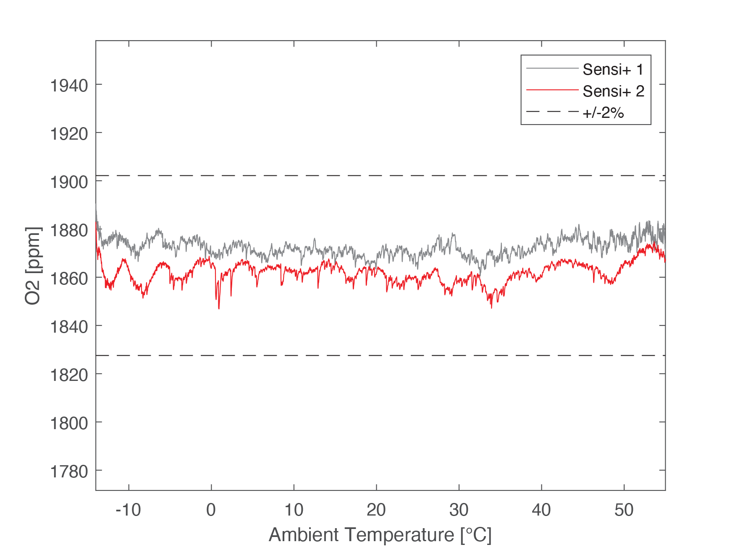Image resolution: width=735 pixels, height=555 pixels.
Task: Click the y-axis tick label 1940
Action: [69, 86]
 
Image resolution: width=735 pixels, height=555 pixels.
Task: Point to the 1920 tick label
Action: [69, 134]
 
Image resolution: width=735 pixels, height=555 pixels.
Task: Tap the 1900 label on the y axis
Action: [69, 182]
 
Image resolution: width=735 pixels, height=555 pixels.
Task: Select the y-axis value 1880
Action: [69, 230]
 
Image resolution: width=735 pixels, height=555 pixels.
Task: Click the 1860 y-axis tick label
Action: [69, 278]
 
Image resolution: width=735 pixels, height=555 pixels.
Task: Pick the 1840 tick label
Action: [69, 326]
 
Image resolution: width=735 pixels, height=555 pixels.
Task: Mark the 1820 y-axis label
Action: [69, 375]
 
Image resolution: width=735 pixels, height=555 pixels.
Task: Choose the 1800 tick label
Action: [69, 423]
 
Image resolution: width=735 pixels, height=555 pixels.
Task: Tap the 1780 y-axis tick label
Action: [69, 471]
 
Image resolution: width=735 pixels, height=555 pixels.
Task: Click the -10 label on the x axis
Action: [128, 510]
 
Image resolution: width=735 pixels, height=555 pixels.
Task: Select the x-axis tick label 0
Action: [211, 510]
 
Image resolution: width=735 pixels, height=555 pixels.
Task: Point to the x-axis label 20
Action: [376, 510]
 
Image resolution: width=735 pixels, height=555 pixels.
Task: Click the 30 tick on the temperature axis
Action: [459, 510]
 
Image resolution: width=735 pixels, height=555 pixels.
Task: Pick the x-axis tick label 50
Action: [624, 510]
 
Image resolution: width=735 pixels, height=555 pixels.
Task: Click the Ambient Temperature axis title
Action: [380, 535]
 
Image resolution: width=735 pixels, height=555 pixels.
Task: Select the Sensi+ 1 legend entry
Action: [613, 69]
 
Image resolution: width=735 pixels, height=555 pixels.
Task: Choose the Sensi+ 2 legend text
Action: [613, 91]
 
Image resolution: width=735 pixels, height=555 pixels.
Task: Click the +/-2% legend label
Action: [603, 113]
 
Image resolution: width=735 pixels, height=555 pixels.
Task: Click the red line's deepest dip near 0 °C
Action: [219, 308]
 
